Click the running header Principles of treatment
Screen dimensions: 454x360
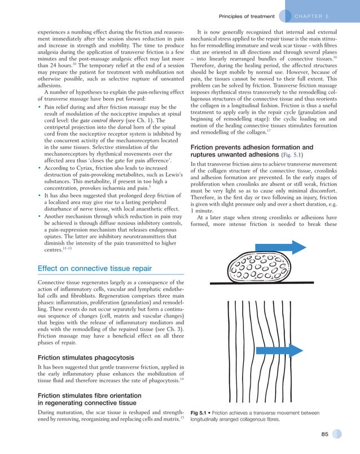tap(246, 16)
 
